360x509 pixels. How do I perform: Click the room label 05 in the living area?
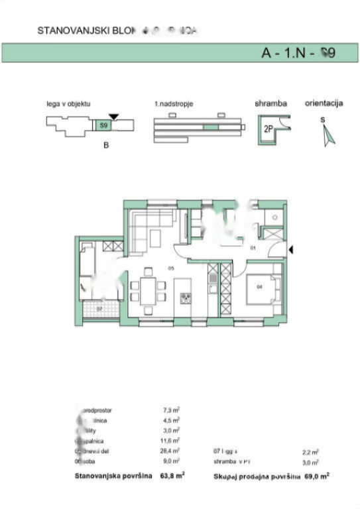pyautogui.click(x=170, y=268)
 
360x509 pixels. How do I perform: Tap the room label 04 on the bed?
pyautogui.click(x=260, y=286)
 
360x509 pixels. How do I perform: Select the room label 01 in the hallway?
pyautogui.click(x=253, y=248)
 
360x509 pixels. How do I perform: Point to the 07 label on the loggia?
pyautogui.click(x=97, y=309)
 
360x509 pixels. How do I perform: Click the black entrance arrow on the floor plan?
pyautogui.click(x=292, y=249)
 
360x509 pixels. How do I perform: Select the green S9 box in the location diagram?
pyautogui.click(x=103, y=125)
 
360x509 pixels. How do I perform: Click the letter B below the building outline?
pyautogui.click(x=105, y=146)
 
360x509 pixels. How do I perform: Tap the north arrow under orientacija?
pyautogui.click(x=328, y=135)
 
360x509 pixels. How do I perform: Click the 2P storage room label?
pyautogui.click(x=269, y=129)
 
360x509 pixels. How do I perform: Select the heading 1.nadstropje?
pyautogui.click(x=174, y=105)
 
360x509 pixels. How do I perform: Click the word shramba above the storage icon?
pyautogui.click(x=270, y=104)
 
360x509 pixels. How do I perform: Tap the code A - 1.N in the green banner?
pyautogui.click(x=286, y=54)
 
